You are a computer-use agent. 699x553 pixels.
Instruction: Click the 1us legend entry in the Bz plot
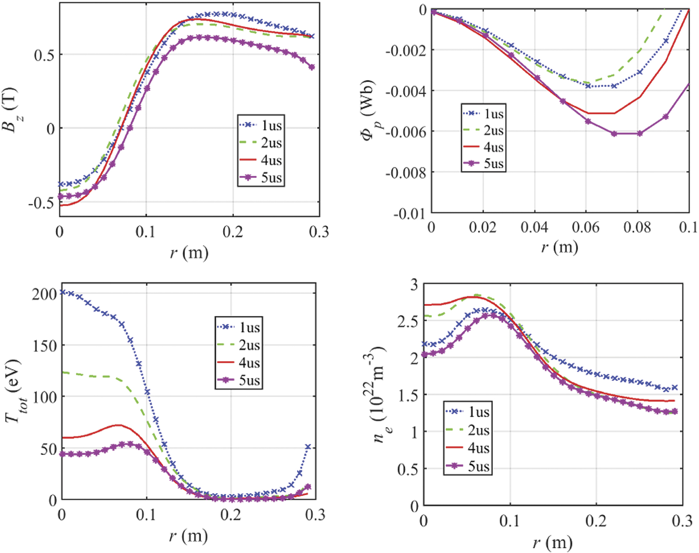click(261, 125)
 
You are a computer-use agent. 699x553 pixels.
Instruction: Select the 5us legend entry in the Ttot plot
click(239, 380)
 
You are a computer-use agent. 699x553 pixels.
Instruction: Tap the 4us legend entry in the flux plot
click(483, 147)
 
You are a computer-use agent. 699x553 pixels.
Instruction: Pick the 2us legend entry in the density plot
click(467, 430)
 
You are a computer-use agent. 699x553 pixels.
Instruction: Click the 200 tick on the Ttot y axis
click(44, 294)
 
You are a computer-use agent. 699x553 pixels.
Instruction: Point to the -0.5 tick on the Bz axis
click(40, 204)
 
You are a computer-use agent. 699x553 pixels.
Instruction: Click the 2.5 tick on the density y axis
click(407, 322)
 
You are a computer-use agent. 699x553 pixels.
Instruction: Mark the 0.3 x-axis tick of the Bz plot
click(319, 232)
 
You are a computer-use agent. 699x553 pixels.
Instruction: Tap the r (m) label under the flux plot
click(559, 247)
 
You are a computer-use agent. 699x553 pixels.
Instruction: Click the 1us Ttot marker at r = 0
click(63, 292)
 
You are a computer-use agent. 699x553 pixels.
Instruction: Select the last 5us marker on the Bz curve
click(312, 67)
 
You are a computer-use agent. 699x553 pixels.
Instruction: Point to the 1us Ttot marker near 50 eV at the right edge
click(308, 447)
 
